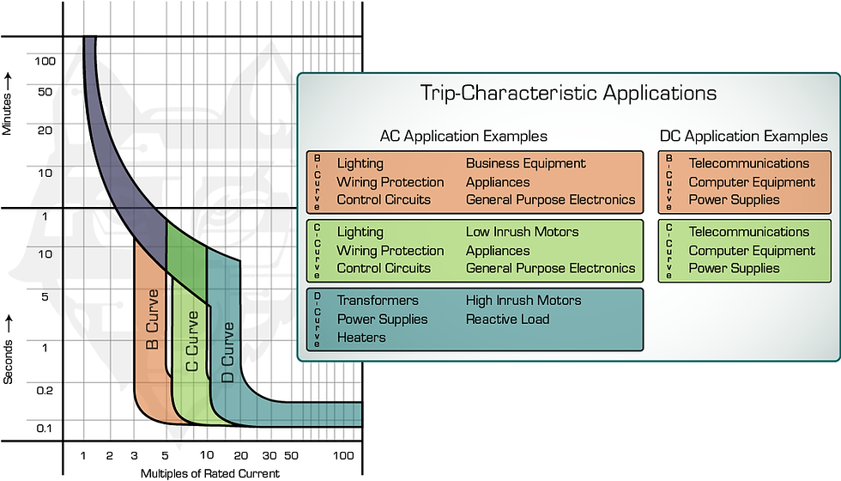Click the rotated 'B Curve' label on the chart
click(153, 320)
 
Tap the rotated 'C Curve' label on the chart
click(192, 342)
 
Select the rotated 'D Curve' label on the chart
click(228, 352)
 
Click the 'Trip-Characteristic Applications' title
click(568, 93)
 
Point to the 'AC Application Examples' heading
click(463, 137)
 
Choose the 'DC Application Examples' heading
click(744, 137)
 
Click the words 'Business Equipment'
click(525, 163)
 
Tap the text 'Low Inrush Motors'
click(523, 232)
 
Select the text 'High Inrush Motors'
click(523, 300)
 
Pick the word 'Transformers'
click(378, 300)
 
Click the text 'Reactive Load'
click(507, 320)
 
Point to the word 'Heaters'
click(361, 338)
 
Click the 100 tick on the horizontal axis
click(343, 456)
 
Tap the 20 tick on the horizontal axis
click(241, 456)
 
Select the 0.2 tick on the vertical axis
click(45, 390)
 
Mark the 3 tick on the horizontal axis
click(134, 456)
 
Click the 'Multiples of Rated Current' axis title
click(210, 473)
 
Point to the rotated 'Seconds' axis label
click(8, 362)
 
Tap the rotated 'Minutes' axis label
click(7, 113)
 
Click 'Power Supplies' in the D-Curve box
click(383, 320)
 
